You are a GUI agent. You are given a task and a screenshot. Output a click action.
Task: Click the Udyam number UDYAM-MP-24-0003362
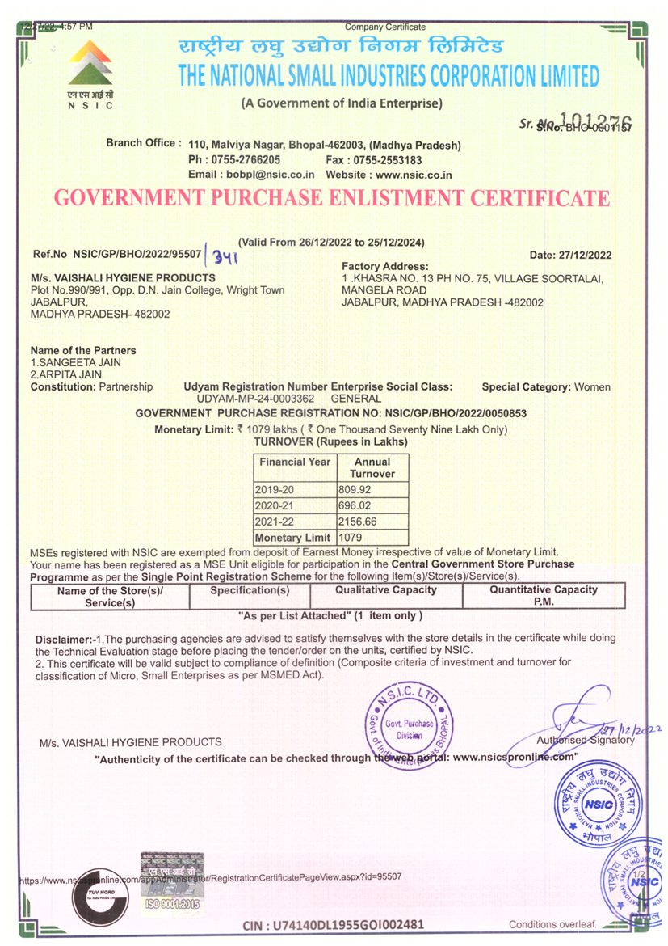click(x=256, y=399)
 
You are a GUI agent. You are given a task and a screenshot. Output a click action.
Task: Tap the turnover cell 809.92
click(x=354, y=490)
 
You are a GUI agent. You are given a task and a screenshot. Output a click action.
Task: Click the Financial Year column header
click(x=294, y=462)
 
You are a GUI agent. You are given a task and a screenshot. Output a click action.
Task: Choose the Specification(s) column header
click(x=250, y=590)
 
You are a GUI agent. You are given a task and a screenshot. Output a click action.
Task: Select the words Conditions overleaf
click(x=552, y=924)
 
